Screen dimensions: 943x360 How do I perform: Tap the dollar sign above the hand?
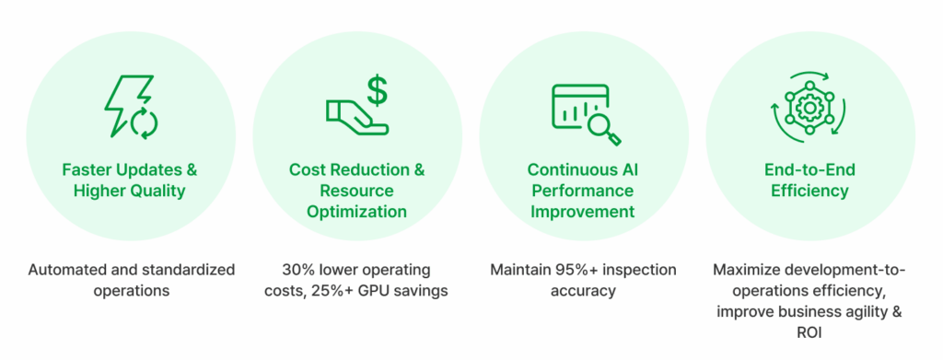click(377, 89)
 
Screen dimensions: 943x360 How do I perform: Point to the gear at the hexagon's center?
click(810, 107)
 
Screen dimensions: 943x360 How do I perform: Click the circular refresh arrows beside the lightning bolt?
click(145, 122)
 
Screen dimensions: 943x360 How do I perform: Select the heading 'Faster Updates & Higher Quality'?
click(130, 180)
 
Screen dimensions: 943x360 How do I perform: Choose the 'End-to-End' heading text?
click(810, 170)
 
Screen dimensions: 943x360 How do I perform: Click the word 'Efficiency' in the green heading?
click(810, 192)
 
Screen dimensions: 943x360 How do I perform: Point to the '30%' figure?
click(297, 269)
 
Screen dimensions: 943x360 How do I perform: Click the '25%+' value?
click(332, 291)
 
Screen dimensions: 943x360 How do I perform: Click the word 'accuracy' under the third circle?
click(583, 292)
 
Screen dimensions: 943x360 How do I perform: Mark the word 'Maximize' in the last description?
click(744, 269)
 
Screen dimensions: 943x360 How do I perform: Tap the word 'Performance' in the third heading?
click(583, 192)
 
